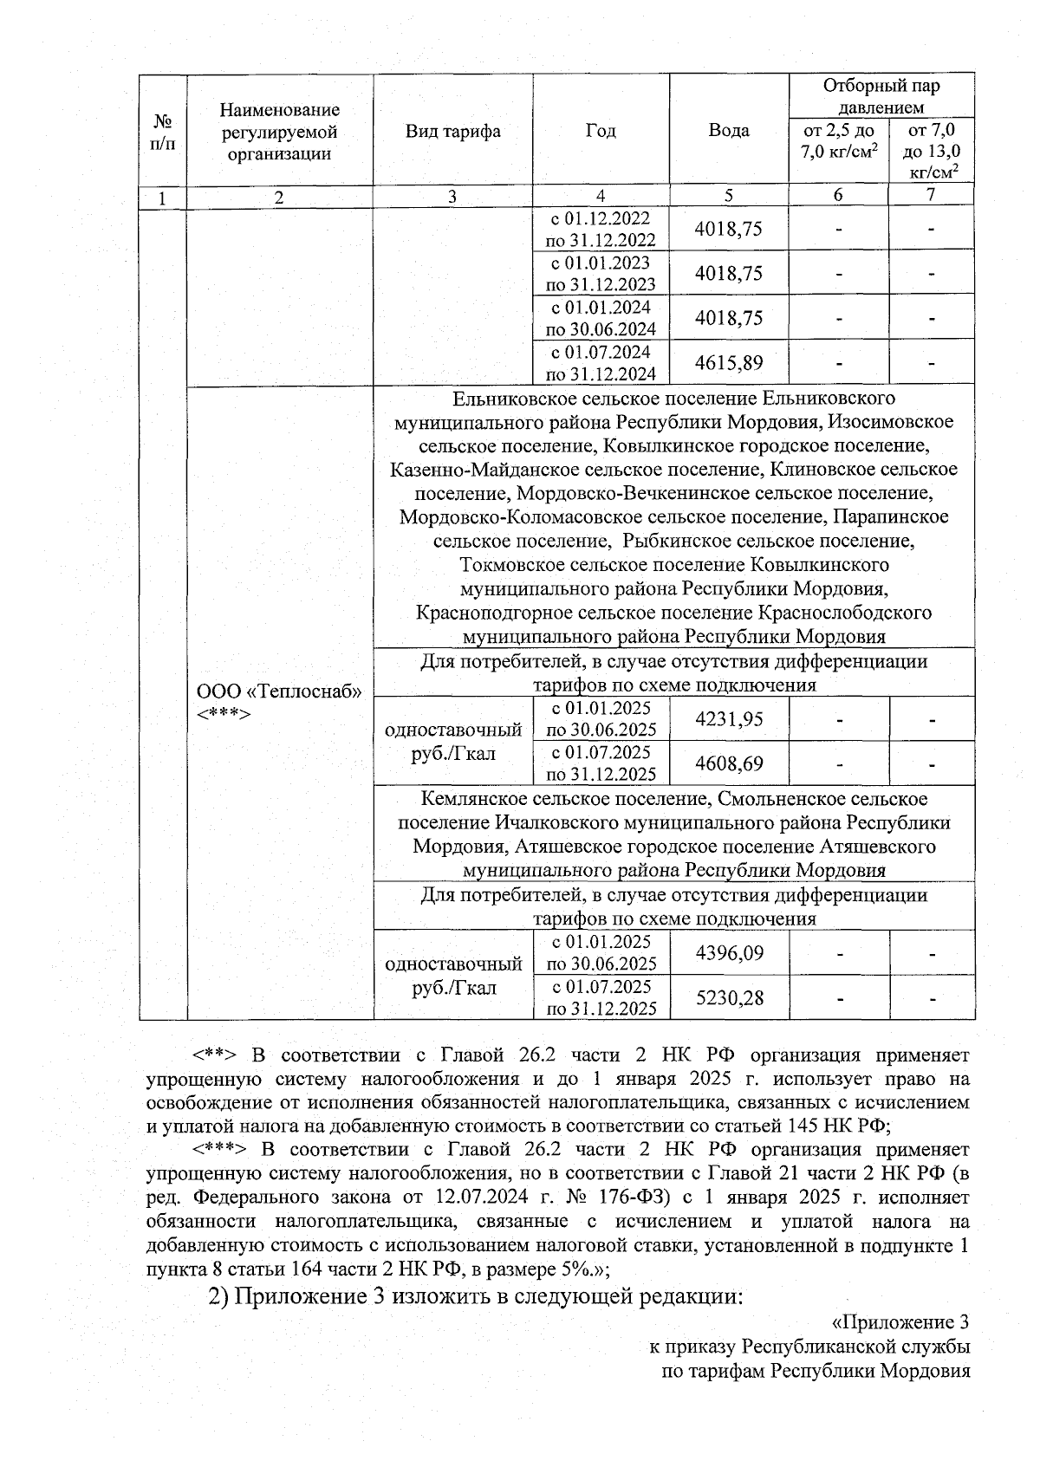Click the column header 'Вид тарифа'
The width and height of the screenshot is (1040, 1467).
coord(452,132)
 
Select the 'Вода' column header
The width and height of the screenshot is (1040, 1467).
coord(728,131)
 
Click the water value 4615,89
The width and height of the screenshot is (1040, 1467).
coord(729,362)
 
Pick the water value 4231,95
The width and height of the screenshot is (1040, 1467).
coord(729,719)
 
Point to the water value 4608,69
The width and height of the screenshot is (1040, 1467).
coord(729,763)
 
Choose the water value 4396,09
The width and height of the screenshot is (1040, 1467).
coord(729,953)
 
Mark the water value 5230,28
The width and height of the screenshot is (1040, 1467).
coord(729,997)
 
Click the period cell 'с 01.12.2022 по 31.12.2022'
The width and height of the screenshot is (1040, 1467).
coord(601,229)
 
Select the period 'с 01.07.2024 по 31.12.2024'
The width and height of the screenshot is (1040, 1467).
coord(601,362)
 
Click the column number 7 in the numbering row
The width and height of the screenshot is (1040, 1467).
coord(930,196)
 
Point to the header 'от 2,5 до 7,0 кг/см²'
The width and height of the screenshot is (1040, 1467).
coord(837,142)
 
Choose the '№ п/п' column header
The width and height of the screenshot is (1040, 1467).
coord(162,132)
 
